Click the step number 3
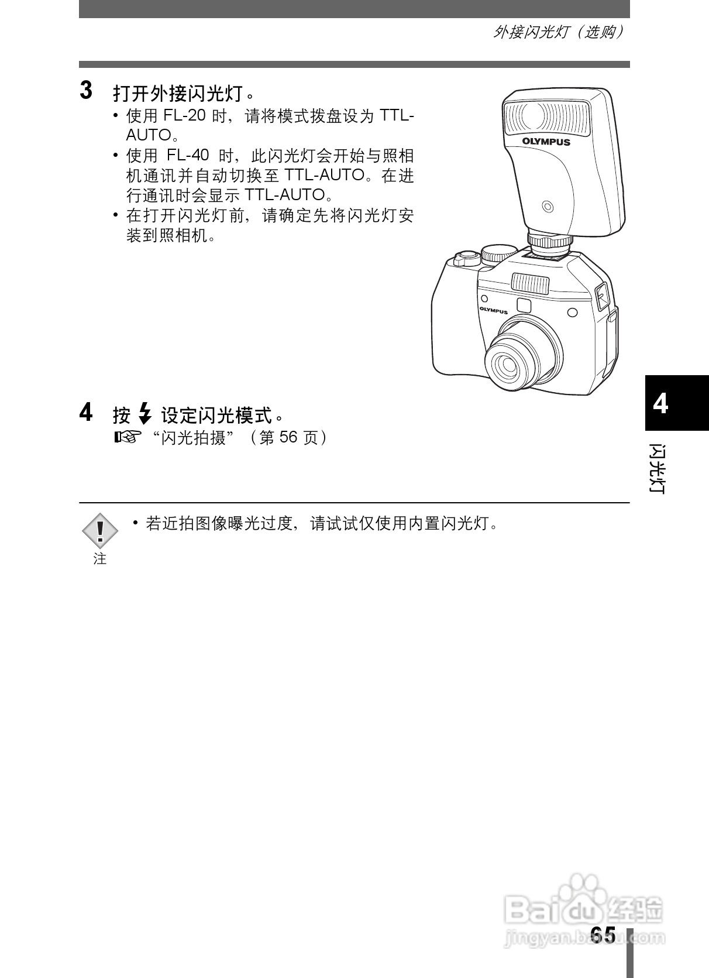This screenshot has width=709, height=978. tap(86, 91)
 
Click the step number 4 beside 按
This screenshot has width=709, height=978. tap(86, 413)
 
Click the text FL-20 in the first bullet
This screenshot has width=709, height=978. tap(184, 115)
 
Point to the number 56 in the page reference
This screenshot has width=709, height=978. tap(288, 437)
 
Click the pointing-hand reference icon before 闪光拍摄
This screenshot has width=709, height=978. tap(128, 437)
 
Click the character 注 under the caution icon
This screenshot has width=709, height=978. tap(100, 559)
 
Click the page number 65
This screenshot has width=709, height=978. tap(602, 935)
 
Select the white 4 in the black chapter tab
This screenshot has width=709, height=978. tap(660, 404)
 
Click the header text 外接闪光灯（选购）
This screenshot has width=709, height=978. tap(558, 32)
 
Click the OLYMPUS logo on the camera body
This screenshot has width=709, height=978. tap(494, 311)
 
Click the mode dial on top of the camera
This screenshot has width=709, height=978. tap(498, 253)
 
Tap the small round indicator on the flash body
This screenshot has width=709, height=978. tap(548, 206)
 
